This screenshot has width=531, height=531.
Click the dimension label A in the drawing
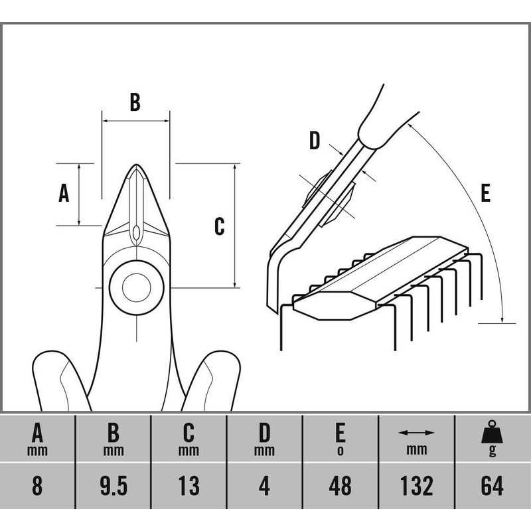pyautogui.click(x=64, y=193)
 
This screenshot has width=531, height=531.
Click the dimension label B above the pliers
pyautogui.click(x=135, y=102)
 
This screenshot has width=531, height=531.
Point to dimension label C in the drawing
pyautogui.click(x=220, y=226)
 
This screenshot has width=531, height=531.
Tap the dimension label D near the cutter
pyautogui.click(x=315, y=141)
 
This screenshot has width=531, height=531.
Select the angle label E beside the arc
pyautogui.click(x=485, y=193)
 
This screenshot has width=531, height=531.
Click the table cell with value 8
pyautogui.click(x=38, y=486)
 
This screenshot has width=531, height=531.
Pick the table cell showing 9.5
pyautogui.click(x=114, y=486)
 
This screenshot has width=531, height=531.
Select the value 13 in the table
pyautogui.click(x=189, y=486)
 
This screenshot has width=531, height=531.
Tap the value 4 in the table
pyautogui.click(x=265, y=486)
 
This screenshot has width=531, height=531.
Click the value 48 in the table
pyautogui.click(x=341, y=486)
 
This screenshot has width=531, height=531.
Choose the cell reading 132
pyautogui.click(x=416, y=486)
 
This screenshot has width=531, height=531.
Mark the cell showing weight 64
pyautogui.click(x=492, y=486)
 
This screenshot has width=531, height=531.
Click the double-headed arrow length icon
pyautogui.click(x=416, y=433)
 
